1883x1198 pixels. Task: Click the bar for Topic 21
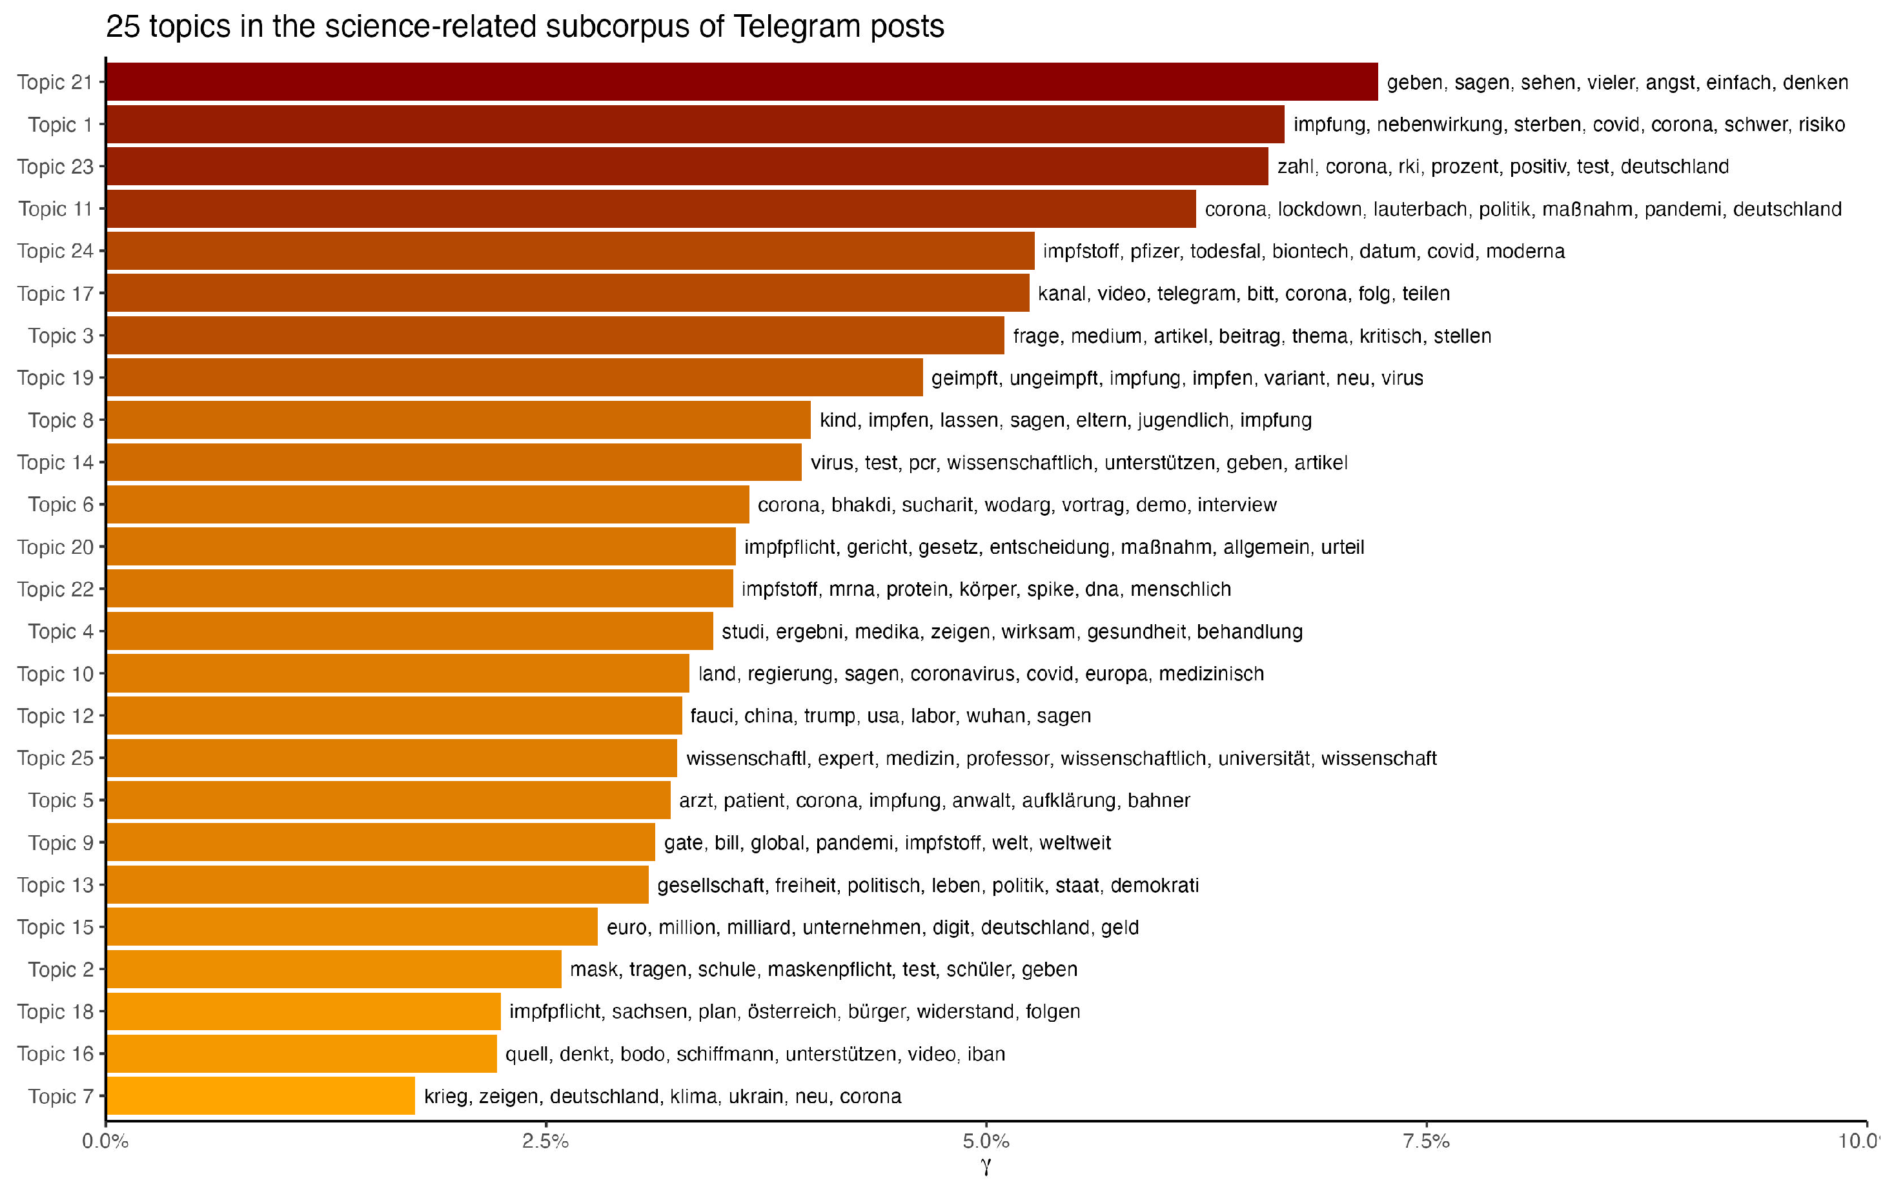tap(741, 82)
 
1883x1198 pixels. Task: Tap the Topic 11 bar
tap(651, 208)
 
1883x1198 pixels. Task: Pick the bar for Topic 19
tap(514, 378)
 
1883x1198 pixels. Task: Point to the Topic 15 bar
tap(352, 927)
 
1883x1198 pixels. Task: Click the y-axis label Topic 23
tap(55, 167)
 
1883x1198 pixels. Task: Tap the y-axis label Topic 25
tap(55, 758)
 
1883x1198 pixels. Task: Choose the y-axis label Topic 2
tap(60, 969)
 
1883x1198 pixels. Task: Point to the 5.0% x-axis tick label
tap(986, 1141)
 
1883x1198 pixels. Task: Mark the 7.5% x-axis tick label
tap(1427, 1141)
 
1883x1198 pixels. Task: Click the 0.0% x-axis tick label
tap(106, 1141)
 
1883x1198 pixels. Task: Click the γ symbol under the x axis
tap(986, 1168)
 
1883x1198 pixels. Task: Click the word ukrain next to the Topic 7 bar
tap(755, 1097)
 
